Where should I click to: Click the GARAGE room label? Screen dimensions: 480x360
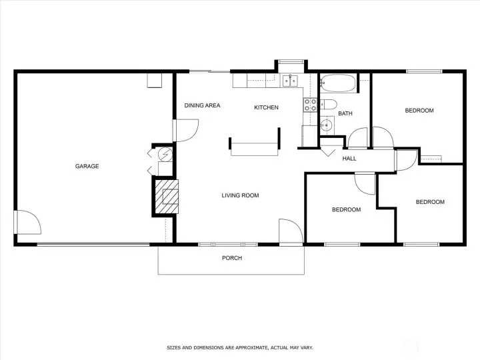[87, 166]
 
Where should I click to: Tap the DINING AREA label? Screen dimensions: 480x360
[202, 105]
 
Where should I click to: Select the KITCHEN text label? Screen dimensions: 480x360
[266, 107]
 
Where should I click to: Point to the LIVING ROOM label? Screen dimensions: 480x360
[240, 195]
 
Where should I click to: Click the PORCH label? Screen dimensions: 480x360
[232, 258]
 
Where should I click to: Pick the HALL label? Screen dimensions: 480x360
[349, 159]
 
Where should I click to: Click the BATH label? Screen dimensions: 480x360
[345, 113]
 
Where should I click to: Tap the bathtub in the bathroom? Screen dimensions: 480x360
[338, 83]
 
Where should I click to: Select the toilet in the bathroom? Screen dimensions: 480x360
[329, 105]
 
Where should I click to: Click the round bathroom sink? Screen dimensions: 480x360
[326, 125]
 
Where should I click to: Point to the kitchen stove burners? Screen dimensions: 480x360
[310, 105]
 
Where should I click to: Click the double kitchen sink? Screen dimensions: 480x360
[289, 81]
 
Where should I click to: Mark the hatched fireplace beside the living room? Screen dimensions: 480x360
[167, 197]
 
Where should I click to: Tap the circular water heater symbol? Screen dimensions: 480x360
[165, 155]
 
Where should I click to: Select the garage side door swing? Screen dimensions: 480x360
[27, 222]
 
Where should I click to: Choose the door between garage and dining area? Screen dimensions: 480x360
[186, 131]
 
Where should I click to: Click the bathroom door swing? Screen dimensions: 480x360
[357, 138]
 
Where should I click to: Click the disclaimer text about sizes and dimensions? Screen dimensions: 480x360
[240, 348]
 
